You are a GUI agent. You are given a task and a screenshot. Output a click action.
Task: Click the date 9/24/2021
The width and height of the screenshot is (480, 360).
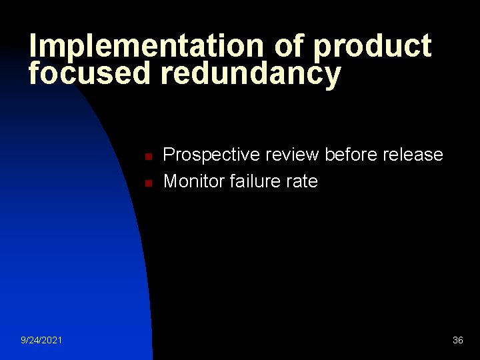(x=42, y=341)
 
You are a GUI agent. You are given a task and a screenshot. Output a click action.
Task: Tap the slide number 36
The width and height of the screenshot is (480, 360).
(x=458, y=341)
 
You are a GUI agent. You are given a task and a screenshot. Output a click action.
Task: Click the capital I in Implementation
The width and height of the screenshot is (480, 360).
(x=33, y=47)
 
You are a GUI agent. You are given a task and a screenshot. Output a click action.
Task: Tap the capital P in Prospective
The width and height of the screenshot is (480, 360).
(x=169, y=155)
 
